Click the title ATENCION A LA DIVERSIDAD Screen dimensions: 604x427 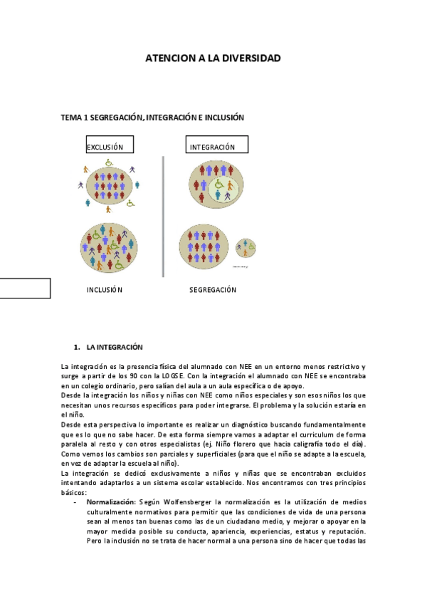click(x=213, y=58)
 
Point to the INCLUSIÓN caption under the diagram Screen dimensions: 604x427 click(x=105, y=290)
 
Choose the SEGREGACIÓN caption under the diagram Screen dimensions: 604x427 click(x=213, y=290)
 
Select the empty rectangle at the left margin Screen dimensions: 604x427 click(x=25, y=288)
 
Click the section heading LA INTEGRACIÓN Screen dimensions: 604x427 click(x=115, y=347)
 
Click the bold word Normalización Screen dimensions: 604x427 click(x=112, y=502)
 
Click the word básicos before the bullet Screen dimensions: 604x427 click(x=73, y=492)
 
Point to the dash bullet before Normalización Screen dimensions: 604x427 click(x=75, y=502)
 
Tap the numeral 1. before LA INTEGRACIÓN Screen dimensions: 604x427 click(x=76, y=347)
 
